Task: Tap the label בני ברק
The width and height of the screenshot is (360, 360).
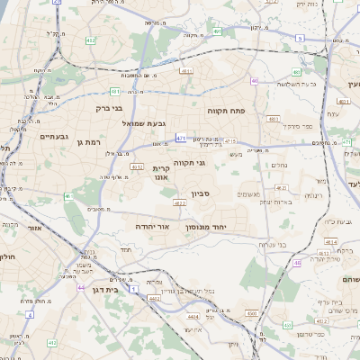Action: pyautogui.click(x=109, y=108)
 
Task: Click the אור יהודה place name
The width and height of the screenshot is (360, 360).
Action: pyautogui.click(x=152, y=227)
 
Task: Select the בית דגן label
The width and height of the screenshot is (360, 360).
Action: pyautogui.click(x=106, y=290)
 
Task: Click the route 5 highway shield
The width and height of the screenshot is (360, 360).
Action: pyautogui.click(x=299, y=38)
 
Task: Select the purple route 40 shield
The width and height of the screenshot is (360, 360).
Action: pyautogui.click(x=255, y=81)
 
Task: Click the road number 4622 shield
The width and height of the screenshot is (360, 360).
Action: pyautogui.click(x=180, y=203)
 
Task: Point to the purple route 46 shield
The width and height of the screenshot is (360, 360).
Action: pyautogui.click(x=296, y=263)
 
